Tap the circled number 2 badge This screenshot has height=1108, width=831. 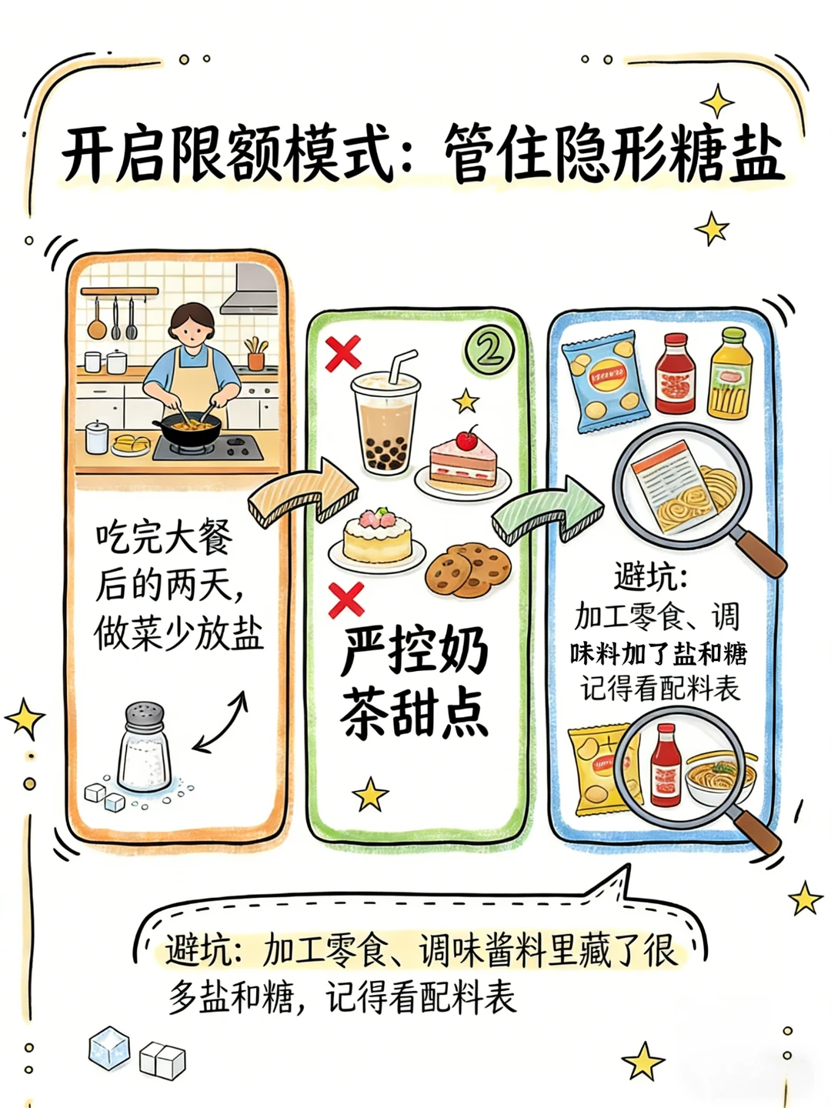pos(489,349)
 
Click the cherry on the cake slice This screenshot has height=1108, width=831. pos(467,439)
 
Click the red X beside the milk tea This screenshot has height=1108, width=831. pos(343,353)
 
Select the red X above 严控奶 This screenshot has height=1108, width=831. pos(346,599)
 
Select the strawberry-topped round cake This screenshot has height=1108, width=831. pos(376,536)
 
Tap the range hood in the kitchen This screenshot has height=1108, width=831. pos(249,289)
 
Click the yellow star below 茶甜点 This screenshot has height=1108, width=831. pos(370,794)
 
